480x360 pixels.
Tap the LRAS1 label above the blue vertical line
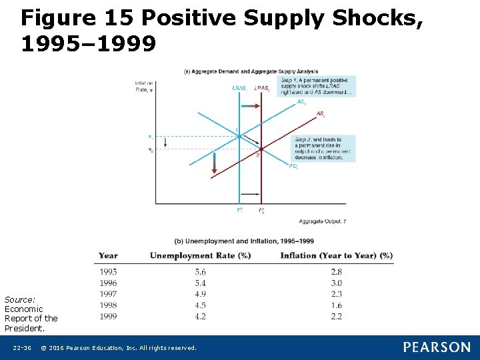[239, 88]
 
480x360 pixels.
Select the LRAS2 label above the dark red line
[261, 88]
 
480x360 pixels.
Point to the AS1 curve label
[301, 102]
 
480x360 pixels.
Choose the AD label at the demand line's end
[293, 166]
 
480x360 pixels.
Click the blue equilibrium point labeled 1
[239, 136]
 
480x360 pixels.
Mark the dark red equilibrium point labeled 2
[261, 149]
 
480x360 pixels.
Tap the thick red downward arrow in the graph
[214, 163]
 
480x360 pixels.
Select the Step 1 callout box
[317, 87]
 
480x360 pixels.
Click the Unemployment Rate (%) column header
[200, 255]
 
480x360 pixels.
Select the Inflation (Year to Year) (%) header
[336, 255]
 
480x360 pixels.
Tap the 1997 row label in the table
[108, 294]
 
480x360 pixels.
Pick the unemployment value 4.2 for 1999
[200, 316]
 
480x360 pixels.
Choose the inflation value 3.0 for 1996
[337, 283]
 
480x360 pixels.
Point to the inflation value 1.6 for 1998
[337, 305]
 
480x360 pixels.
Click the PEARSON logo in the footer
[436, 347]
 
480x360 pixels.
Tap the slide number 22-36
[21, 348]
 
